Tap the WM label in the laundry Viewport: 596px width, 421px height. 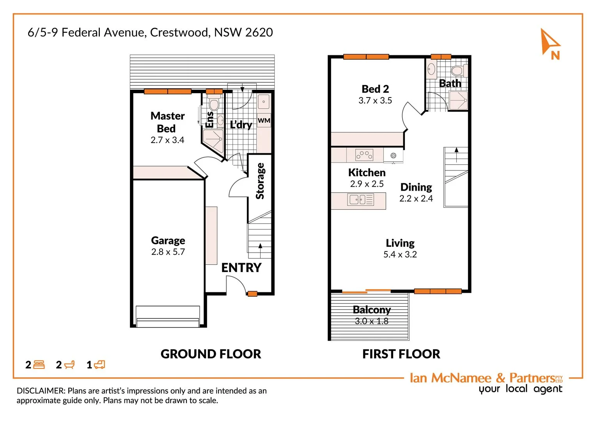[x=264, y=120]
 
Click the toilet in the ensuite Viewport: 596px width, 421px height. [x=214, y=104]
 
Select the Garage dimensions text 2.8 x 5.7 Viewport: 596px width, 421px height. [x=168, y=252]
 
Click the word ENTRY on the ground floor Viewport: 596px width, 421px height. [x=241, y=268]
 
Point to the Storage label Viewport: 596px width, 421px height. [x=260, y=181]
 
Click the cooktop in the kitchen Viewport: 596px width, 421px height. [x=364, y=155]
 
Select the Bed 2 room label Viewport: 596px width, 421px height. [x=375, y=89]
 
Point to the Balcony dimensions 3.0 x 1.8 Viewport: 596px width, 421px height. [x=371, y=321]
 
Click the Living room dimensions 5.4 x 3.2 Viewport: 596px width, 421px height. [x=400, y=255]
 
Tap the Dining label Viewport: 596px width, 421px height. [x=416, y=187]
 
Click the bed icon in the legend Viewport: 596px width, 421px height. [x=39, y=365]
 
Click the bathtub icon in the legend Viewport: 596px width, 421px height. [x=69, y=365]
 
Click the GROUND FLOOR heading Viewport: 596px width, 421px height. [x=211, y=354]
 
